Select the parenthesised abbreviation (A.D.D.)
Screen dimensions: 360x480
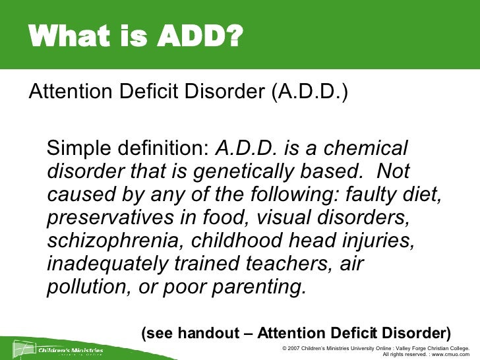coord(309,90)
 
